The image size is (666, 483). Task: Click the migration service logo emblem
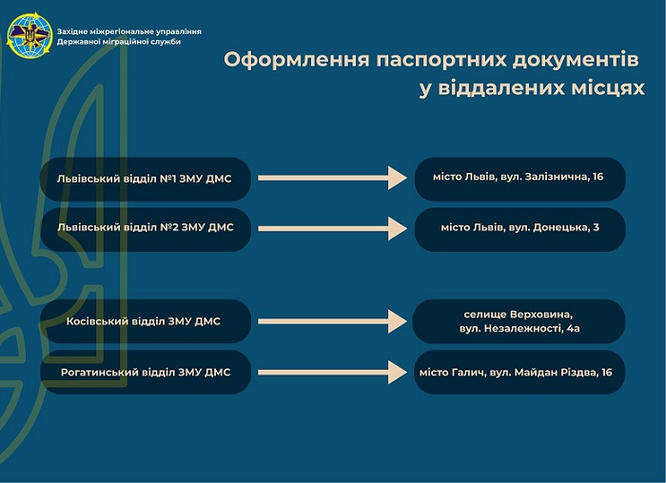point(29,35)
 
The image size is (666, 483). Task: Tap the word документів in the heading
point(575,59)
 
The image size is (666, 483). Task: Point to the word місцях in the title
point(608,88)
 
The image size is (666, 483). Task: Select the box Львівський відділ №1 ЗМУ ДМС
point(146,179)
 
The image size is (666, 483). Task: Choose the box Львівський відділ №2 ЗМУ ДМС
point(146,230)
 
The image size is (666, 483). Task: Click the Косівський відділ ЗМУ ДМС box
point(146,321)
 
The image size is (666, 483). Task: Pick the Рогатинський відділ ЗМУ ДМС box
point(146,372)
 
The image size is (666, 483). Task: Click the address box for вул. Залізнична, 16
point(519,179)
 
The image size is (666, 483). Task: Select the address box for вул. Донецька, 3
point(519,230)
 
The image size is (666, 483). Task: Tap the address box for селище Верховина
point(519,321)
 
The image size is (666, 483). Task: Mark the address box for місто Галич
point(519,372)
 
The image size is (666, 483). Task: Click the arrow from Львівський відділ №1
point(333,178)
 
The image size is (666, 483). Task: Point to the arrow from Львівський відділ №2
point(333,228)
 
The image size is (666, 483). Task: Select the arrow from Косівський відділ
point(333,321)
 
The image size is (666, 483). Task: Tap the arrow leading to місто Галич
point(333,372)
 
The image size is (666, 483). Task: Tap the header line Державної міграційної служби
point(119,42)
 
